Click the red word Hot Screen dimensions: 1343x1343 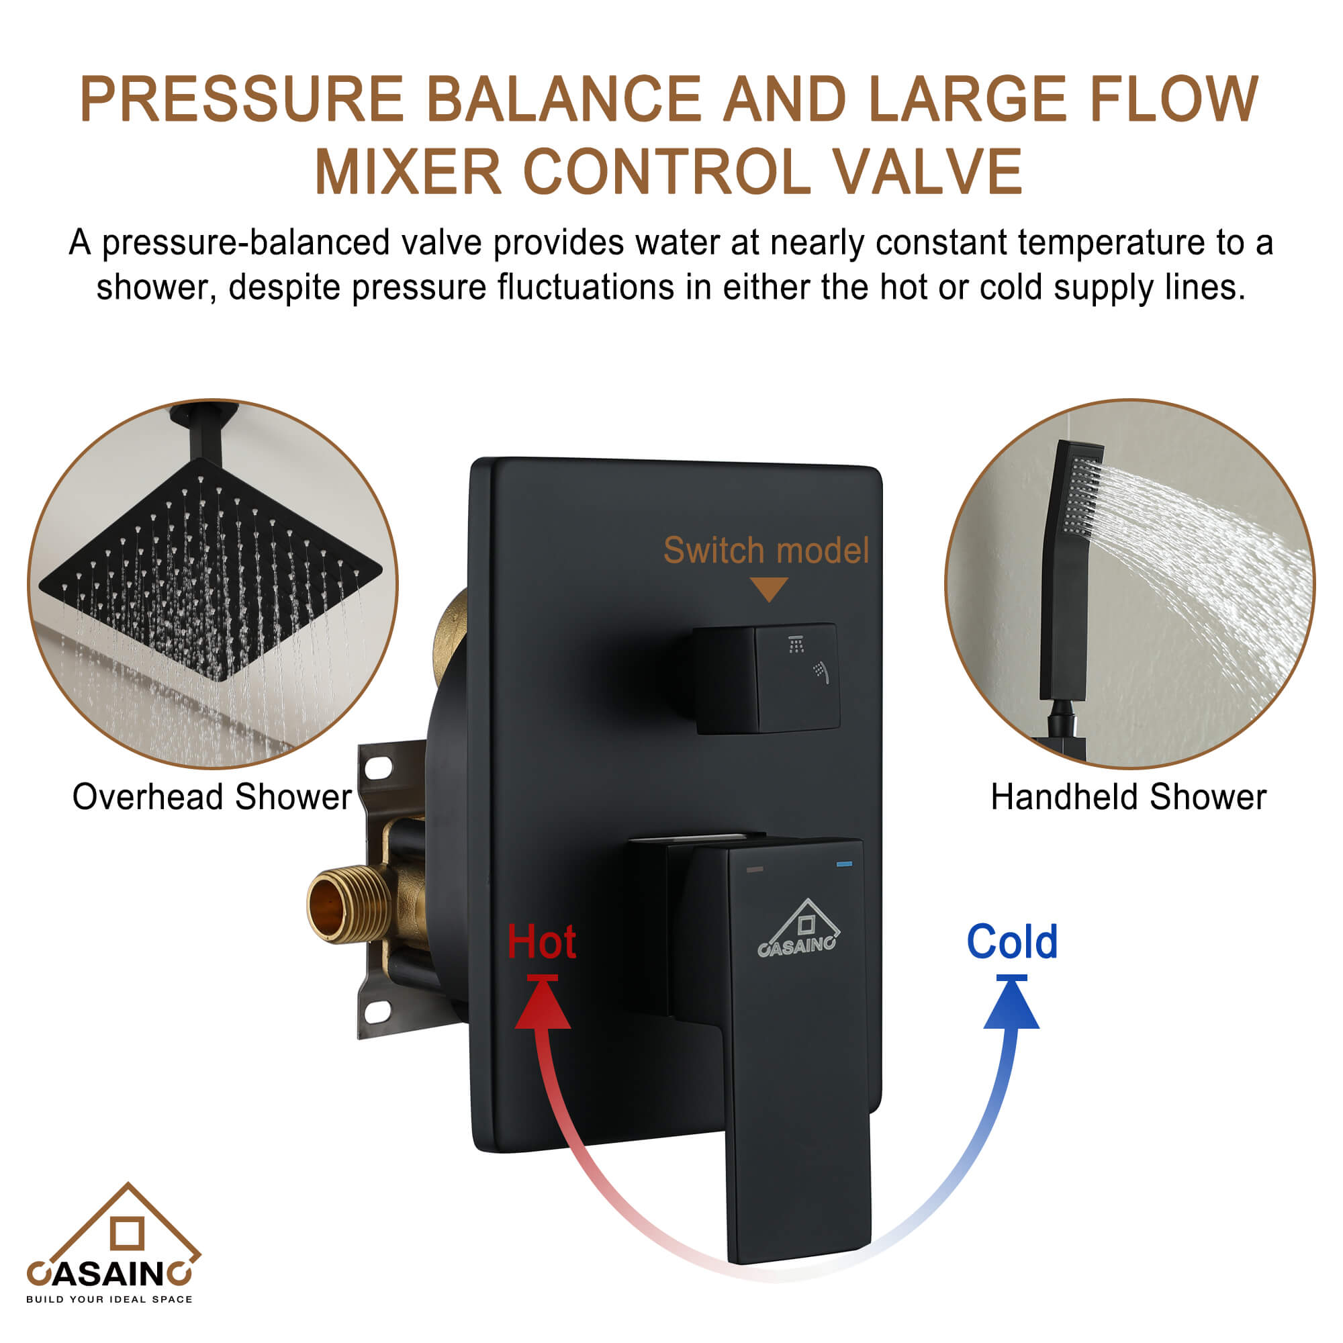(541, 943)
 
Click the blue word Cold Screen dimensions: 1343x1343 (1012, 942)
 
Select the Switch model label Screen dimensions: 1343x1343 (766, 551)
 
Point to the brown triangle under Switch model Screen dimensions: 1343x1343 (769, 588)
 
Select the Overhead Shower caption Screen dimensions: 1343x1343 (212, 796)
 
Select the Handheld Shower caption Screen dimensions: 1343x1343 (1128, 796)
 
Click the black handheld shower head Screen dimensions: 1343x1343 (1070, 570)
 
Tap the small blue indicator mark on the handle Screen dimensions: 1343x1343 (845, 864)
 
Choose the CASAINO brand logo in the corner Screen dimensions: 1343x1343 (111, 1244)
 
